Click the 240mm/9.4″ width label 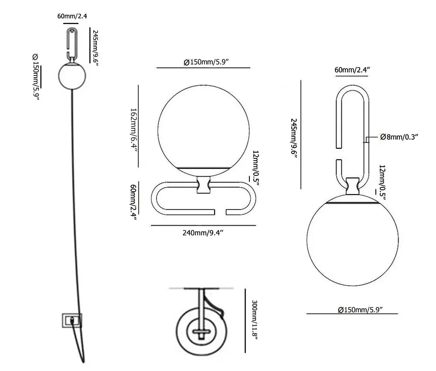point(203,233)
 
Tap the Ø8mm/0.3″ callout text point(399,137)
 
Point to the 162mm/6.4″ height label point(134,130)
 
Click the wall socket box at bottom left point(72,320)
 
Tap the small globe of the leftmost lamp point(72,76)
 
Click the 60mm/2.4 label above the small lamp point(72,16)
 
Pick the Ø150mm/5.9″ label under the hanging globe point(361,310)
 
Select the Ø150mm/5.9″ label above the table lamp point(206,62)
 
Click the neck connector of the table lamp point(204,185)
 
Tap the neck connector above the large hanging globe point(353,186)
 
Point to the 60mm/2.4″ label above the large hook point(352,69)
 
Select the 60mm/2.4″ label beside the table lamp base point(134,202)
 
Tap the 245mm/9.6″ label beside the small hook point(95,48)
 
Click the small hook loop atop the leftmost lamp point(72,44)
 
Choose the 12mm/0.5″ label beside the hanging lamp point(382,182)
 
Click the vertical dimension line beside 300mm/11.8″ point(245,321)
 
